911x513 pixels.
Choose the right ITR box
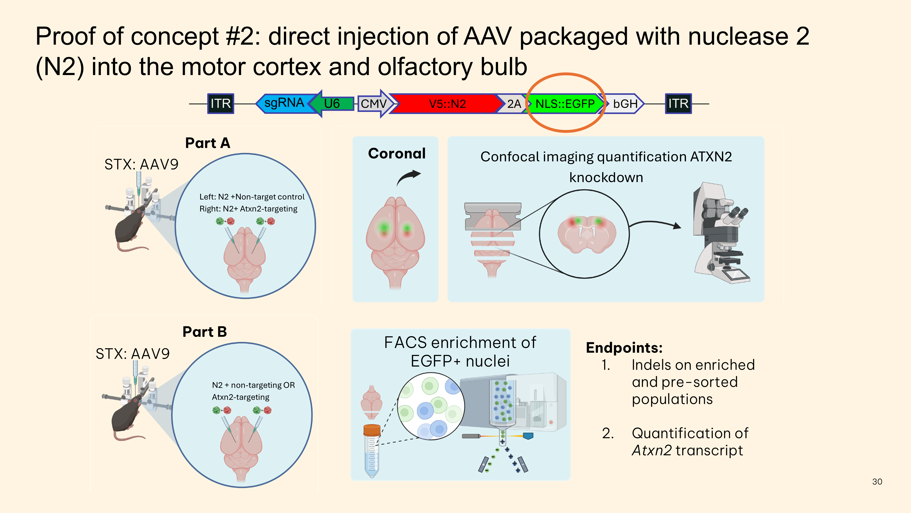coord(678,103)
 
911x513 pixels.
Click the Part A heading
coord(208,143)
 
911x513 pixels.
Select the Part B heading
coord(204,332)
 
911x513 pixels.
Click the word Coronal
coord(396,153)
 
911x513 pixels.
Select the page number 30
coord(877,481)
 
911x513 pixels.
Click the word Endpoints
coord(624,348)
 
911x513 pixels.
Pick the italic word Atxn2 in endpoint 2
coord(651,450)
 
